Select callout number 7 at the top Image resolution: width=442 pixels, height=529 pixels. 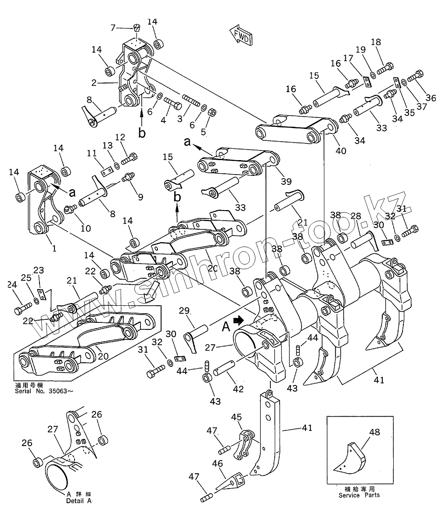(113, 28)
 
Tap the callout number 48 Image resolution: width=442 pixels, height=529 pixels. (374, 432)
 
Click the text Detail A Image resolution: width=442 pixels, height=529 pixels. (79, 500)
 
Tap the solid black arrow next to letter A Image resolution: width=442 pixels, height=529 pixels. (238, 321)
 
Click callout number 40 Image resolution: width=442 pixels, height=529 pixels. (341, 150)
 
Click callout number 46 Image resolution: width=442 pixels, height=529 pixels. (218, 463)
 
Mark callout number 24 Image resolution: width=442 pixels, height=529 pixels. (12, 285)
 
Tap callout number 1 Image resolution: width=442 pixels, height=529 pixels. (54, 248)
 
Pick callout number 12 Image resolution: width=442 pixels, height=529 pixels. (120, 137)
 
